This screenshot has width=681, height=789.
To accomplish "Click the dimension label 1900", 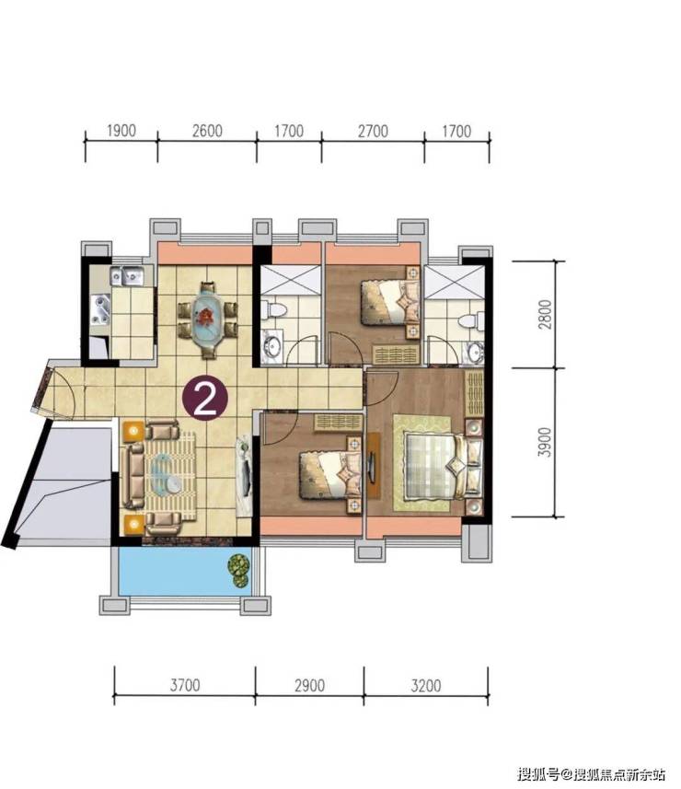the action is [121, 131].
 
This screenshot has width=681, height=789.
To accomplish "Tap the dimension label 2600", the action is [207, 131].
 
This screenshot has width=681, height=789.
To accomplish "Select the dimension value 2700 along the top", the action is [374, 132].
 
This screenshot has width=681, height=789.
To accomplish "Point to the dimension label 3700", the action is [185, 685].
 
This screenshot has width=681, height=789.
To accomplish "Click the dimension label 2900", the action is [309, 685].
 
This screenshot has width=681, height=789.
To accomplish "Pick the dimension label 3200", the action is [426, 685].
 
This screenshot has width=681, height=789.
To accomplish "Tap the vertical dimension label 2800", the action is [545, 315].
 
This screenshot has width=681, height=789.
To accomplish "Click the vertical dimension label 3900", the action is [545, 442].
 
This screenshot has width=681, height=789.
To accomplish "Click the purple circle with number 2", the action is [204, 399].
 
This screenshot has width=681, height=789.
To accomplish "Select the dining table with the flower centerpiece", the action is [206, 319].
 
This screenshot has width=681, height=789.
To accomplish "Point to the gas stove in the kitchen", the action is [100, 310].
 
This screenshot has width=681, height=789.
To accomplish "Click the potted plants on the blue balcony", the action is [239, 570].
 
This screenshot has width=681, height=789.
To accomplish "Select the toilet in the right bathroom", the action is [472, 321].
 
